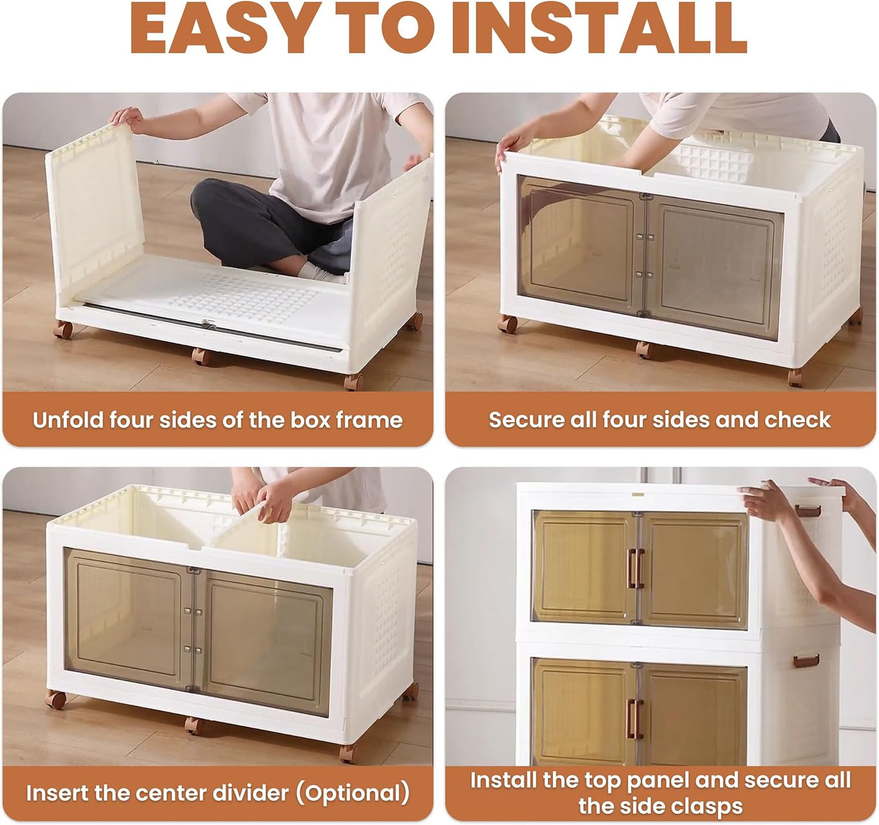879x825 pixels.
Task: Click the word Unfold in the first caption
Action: click(x=68, y=420)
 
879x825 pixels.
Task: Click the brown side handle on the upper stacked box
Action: click(x=808, y=511)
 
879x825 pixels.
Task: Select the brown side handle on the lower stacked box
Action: click(x=806, y=661)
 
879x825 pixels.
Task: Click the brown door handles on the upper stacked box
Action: click(x=635, y=569)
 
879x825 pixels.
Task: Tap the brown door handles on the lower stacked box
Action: click(x=634, y=719)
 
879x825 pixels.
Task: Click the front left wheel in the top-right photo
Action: click(x=508, y=324)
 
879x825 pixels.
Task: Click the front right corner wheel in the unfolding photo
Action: click(x=354, y=381)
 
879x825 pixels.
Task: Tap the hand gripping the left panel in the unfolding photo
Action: click(x=128, y=119)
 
